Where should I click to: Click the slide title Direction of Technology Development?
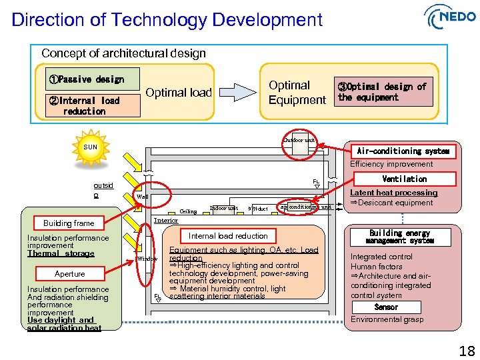167,20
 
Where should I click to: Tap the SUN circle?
90,147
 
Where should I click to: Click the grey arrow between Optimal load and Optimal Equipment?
237,92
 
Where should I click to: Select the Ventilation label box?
404,179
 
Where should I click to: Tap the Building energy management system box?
399,237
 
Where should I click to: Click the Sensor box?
387,307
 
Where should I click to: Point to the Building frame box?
69,223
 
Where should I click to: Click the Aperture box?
70,274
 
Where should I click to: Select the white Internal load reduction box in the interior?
228,236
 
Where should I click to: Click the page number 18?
467,351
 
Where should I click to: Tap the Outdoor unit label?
299,140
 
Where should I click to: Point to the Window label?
147,259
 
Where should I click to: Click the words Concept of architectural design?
123,53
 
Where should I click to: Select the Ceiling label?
188,211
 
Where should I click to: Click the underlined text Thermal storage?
61,253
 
